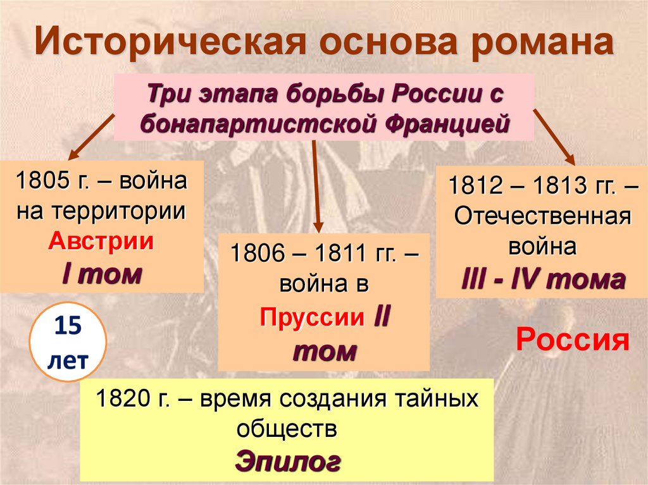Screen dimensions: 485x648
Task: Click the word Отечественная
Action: coord(542,217)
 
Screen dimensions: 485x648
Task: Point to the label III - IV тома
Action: coord(542,279)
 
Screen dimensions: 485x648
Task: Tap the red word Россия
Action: coord(573,341)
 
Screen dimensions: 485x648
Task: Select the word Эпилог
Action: coord(288,461)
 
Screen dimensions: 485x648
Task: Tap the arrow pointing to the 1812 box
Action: coord(553,135)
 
